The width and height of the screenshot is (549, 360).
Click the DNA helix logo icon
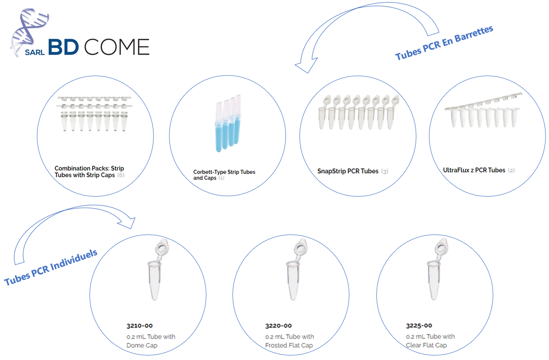(29, 32)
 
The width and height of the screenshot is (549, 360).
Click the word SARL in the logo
(35, 52)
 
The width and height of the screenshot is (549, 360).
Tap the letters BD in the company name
(63, 47)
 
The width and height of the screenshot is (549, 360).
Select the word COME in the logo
(117, 47)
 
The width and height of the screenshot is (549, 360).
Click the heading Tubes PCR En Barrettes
(444, 43)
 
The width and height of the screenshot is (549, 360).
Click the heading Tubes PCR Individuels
(51, 267)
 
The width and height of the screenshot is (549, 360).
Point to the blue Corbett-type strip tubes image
(228, 123)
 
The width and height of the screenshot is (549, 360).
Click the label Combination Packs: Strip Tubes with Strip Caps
(89, 171)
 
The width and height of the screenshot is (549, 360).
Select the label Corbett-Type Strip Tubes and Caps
(224, 175)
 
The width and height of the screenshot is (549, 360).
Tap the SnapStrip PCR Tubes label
(348, 171)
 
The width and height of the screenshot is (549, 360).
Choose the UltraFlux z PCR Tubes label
(474, 170)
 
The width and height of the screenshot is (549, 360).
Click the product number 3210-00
(139, 326)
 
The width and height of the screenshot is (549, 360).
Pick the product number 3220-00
(278, 326)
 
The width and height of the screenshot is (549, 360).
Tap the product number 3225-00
(419, 325)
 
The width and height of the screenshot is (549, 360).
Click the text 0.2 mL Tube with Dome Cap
(151, 341)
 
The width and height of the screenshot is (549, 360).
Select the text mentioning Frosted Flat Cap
(290, 341)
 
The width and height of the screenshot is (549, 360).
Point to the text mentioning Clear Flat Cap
(430, 341)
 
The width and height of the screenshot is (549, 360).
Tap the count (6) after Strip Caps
(121, 175)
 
